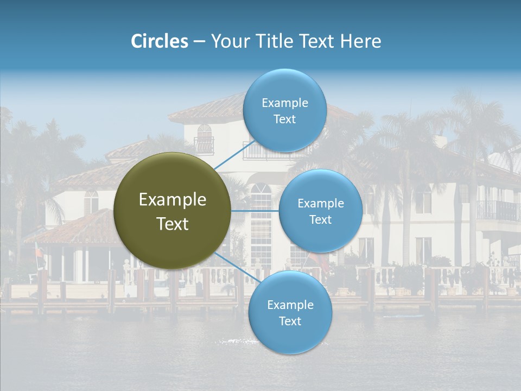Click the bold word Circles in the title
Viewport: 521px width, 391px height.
(159, 41)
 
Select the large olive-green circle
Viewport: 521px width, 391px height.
(172, 211)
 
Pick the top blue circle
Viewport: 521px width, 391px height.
(284, 110)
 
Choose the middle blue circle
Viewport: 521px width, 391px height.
(320, 211)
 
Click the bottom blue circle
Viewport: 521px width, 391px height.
(290, 312)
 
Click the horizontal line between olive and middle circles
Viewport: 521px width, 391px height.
(255, 211)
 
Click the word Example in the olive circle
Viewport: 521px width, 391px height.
(172, 200)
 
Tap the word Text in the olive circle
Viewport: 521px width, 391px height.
(172, 224)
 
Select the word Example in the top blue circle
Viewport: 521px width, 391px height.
(284, 103)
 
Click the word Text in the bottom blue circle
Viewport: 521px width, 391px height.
(290, 321)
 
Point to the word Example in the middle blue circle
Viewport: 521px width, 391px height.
(320, 203)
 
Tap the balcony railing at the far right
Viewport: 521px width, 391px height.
(497, 211)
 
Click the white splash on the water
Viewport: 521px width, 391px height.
(234, 341)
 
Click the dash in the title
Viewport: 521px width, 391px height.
(199, 42)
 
